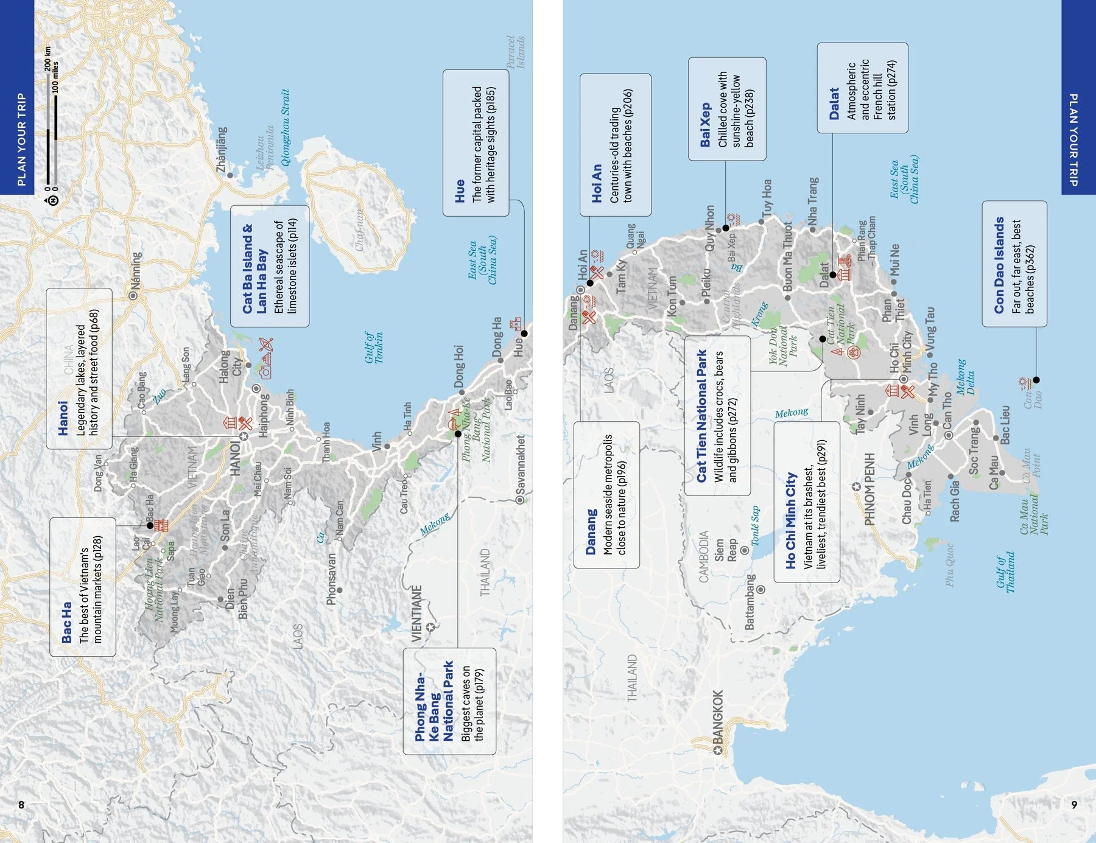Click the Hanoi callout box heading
[x=63, y=419]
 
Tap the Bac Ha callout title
[x=66, y=622]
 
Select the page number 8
[x=21, y=805]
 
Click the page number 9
[x=1074, y=805]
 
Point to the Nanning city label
[x=136, y=271]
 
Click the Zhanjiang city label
[x=222, y=149]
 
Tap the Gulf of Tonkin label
[x=374, y=348]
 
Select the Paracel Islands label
[x=515, y=52]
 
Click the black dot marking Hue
[x=524, y=334]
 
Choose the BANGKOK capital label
[x=718, y=718]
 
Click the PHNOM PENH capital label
[x=869, y=488]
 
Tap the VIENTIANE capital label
[x=416, y=612]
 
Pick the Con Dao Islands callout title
[x=999, y=265]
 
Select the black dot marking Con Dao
[x=1036, y=380]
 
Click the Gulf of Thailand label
[x=1005, y=572]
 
